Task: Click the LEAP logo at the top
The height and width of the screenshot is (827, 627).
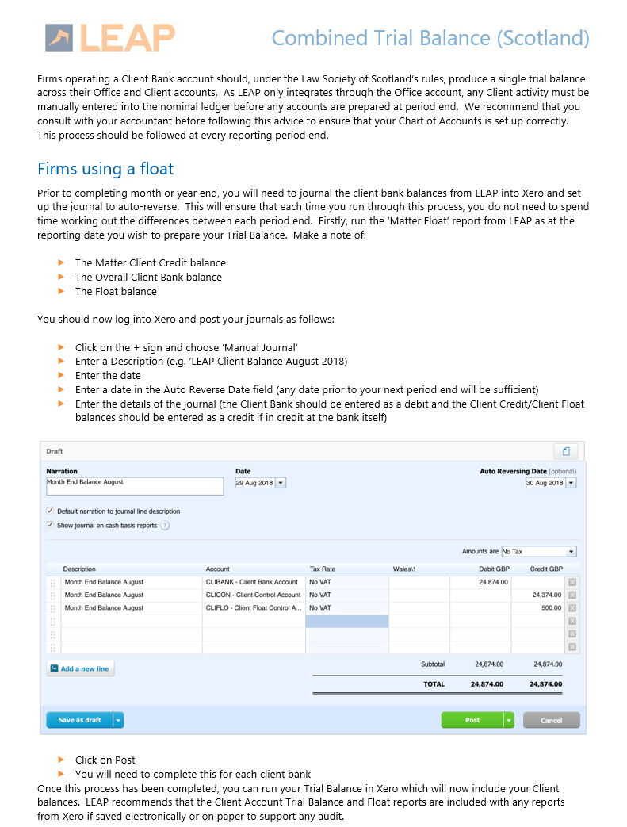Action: click(110, 37)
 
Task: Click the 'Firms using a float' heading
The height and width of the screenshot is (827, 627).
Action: click(105, 169)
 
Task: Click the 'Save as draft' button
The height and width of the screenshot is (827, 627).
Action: click(80, 720)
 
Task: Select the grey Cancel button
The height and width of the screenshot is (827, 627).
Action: click(551, 720)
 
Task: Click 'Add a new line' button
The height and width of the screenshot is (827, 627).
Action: click(80, 668)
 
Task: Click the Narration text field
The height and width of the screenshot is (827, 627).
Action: click(135, 485)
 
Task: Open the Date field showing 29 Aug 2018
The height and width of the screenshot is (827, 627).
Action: click(260, 482)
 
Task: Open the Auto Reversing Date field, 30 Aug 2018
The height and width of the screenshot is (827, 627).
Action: click(550, 482)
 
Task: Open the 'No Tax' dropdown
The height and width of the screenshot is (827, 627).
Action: click(538, 551)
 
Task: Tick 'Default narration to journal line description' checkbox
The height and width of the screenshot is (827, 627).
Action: click(50, 511)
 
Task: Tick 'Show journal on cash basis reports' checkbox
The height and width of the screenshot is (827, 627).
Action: click(50, 525)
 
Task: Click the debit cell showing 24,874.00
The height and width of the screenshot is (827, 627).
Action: click(481, 582)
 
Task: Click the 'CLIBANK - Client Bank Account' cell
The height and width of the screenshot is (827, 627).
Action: click(253, 582)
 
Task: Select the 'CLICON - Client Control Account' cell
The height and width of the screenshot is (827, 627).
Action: click(253, 595)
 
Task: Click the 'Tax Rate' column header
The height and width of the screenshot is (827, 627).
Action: click(323, 569)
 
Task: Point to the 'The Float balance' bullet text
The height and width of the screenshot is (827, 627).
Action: click(116, 291)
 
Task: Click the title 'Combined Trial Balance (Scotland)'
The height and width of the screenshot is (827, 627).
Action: click(430, 37)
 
